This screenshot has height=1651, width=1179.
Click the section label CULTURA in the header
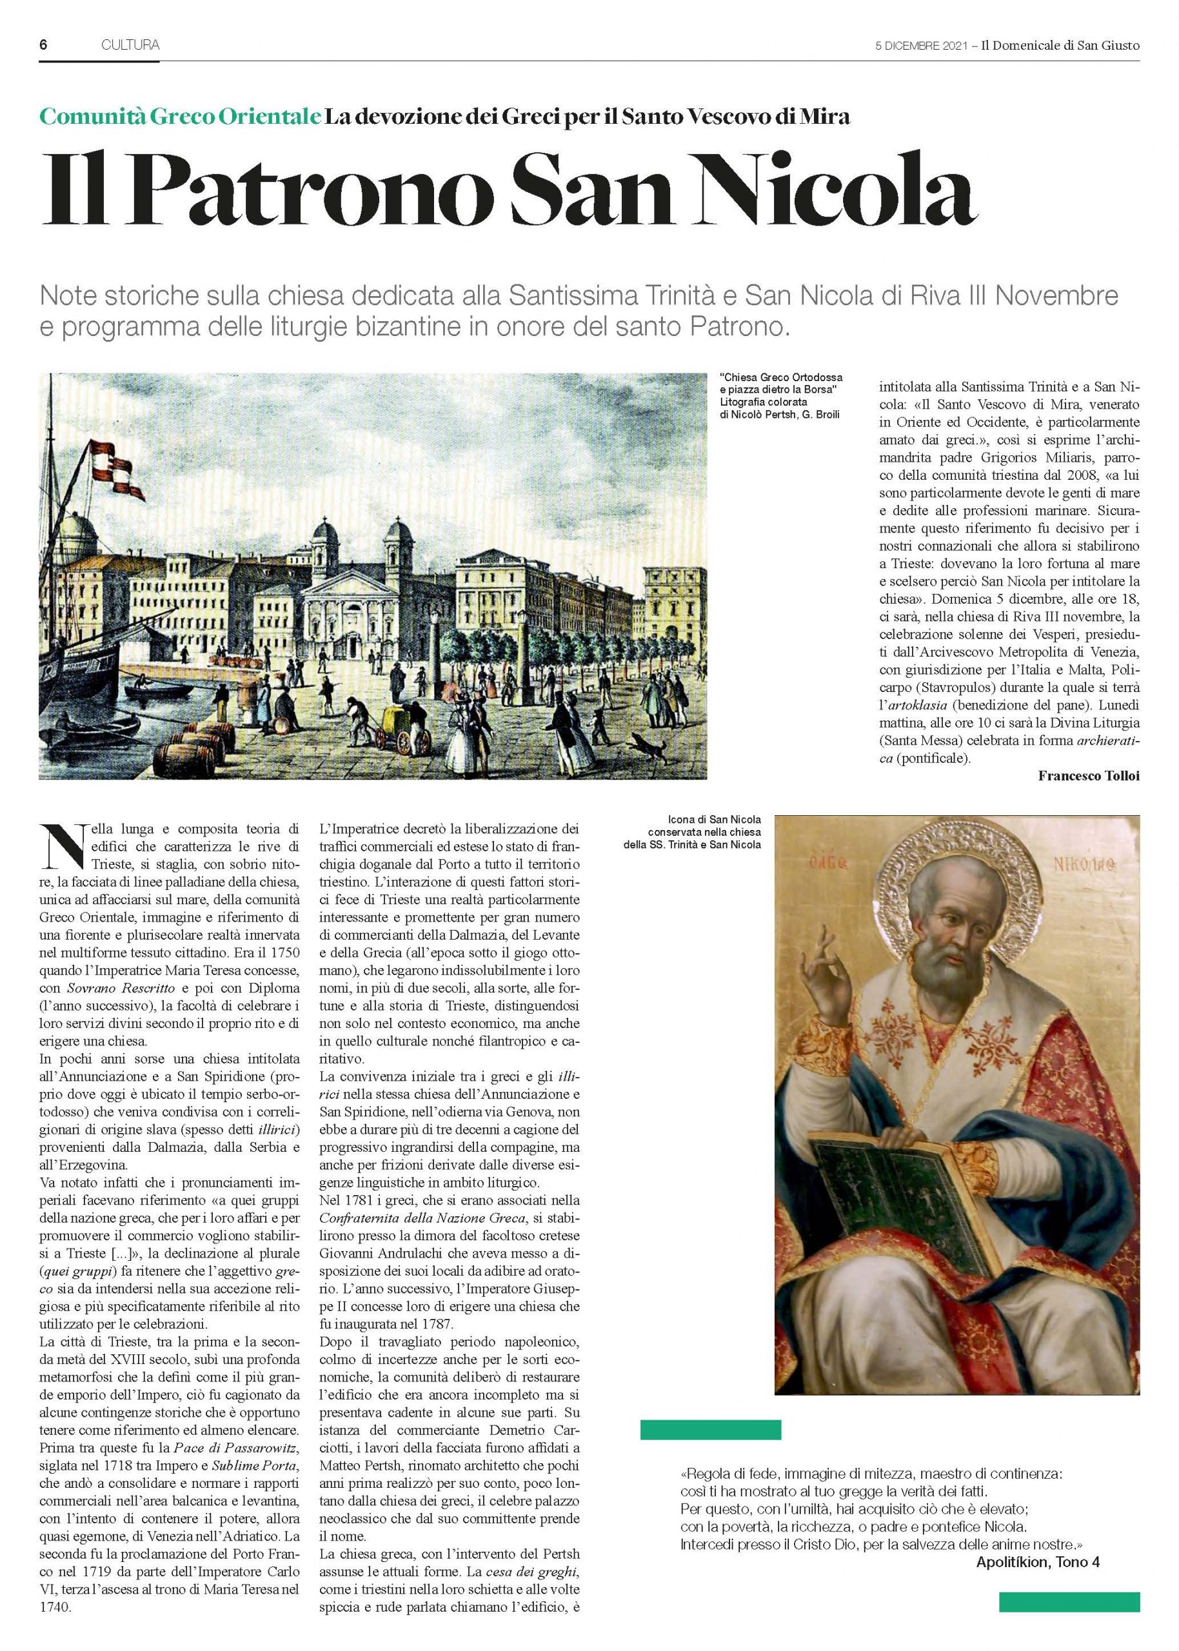pyautogui.click(x=131, y=45)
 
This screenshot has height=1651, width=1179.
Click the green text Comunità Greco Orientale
pyautogui.click(x=180, y=116)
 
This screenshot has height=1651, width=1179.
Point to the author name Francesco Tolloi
pyautogui.click(x=1088, y=776)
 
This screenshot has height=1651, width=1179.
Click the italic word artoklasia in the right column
pyautogui.click(x=915, y=726)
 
